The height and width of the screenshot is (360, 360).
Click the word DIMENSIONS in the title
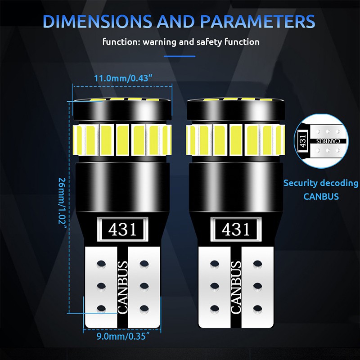tap(97, 21)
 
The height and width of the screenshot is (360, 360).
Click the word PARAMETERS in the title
tap(257, 21)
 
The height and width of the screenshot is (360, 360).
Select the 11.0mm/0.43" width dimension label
tap(123, 78)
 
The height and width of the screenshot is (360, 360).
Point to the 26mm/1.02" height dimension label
tap(62, 203)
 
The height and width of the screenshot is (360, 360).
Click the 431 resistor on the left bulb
tap(122, 229)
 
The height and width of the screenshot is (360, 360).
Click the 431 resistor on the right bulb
tap(236, 229)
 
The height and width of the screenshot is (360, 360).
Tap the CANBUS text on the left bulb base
tap(122, 287)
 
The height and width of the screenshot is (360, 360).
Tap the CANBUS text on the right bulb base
tap(236, 287)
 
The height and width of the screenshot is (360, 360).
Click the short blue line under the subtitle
tap(180, 56)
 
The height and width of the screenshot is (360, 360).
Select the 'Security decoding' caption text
tap(321, 183)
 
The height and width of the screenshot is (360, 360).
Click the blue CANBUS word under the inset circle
tap(321, 197)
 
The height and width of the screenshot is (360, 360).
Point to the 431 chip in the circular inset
tap(302, 141)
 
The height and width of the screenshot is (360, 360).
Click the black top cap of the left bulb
tap(122, 110)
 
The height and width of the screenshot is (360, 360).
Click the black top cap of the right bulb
tap(236, 110)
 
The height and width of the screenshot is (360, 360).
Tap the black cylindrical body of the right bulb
tap(236, 186)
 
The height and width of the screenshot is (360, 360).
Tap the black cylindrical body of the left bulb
tap(122, 186)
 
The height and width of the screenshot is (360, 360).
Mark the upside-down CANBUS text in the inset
tap(328, 141)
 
